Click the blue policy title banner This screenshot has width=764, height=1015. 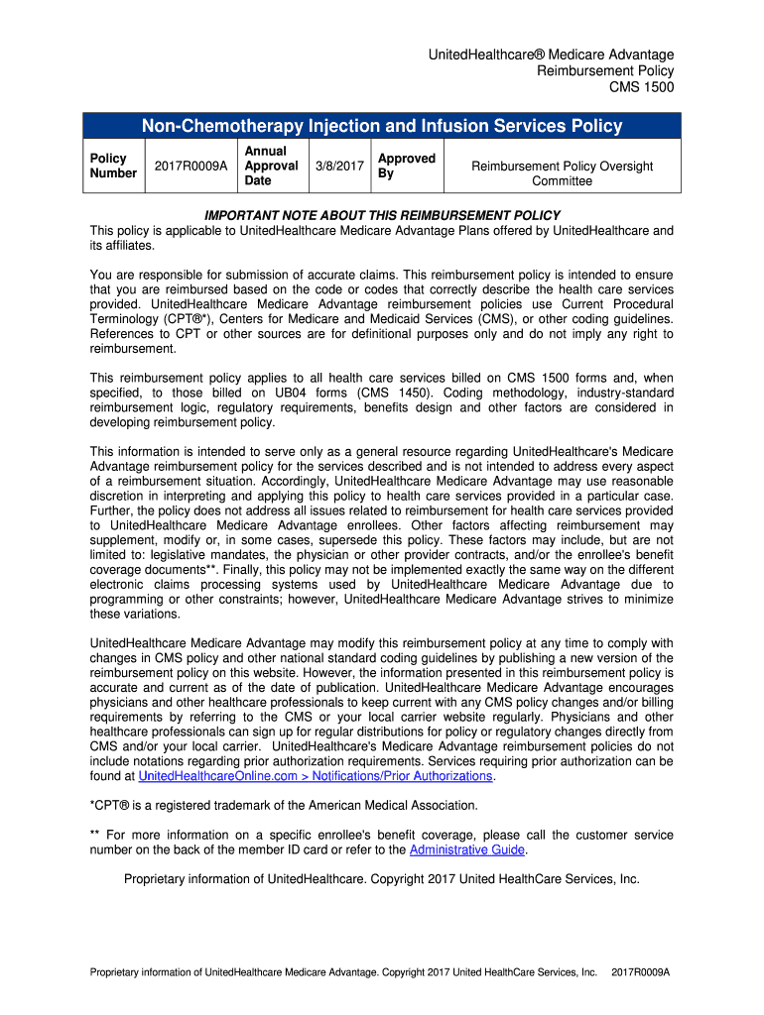(382, 126)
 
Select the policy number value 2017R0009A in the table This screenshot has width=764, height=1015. (191, 166)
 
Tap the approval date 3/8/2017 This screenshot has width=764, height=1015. (339, 166)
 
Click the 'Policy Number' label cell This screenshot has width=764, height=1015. (113, 166)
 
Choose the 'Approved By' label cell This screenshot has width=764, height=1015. (406, 166)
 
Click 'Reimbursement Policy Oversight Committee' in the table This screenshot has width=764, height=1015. (561, 173)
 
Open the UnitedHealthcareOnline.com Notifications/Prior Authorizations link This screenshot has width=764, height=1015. (316, 776)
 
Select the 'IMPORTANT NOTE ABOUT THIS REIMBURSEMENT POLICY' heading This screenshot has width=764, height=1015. (382, 215)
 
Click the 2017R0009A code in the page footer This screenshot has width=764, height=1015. (641, 972)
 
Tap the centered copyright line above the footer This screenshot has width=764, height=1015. (382, 879)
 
